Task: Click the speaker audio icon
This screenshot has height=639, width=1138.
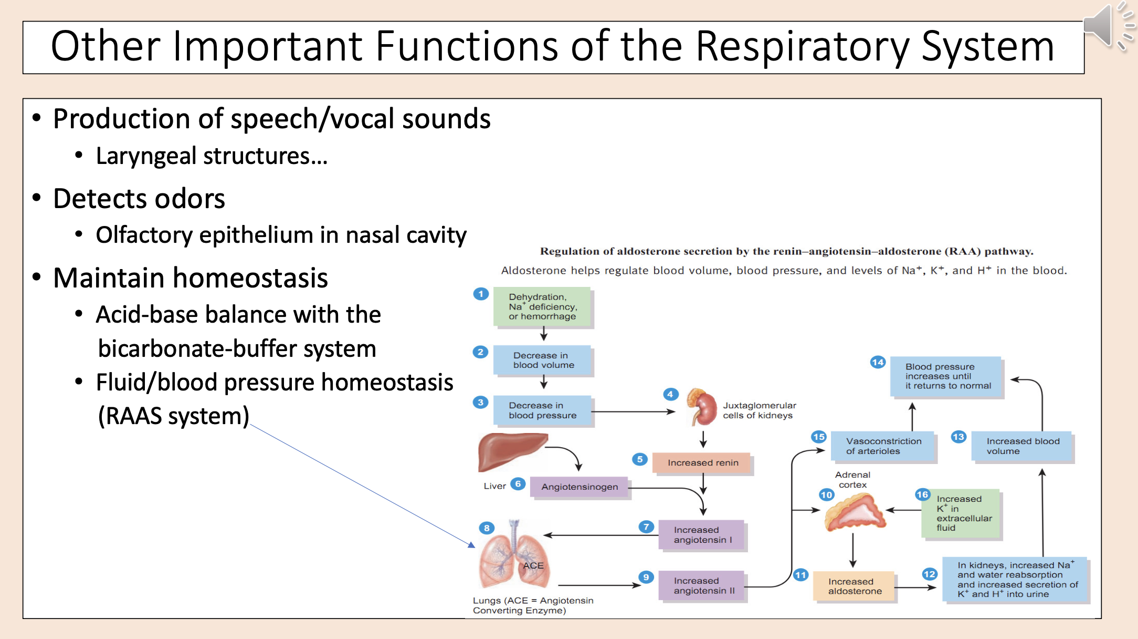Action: click(x=1102, y=25)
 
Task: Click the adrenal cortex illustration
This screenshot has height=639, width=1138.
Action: click(x=854, y=512)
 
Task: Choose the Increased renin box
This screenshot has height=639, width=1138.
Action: click(x=702, y=463)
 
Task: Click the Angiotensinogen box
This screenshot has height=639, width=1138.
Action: click(x=579, y=487)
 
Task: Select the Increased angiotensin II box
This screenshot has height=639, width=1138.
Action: click(x=702, y=586)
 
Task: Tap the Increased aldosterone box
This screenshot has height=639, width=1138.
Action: click(x=854, y=586)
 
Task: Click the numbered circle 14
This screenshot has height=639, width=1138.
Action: click(x=878, y=362)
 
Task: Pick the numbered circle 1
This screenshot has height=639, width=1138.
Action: click(x=481, y=294)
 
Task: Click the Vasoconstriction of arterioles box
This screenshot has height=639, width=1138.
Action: click(x=883, y=446)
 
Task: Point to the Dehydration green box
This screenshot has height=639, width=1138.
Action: click(x=542, y=307)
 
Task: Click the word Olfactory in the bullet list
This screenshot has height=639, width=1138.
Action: click(x=144, y=235)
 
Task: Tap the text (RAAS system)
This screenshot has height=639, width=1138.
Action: click(x=173, y=416)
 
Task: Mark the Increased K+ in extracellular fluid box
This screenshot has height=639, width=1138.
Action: click(x=962, y=513)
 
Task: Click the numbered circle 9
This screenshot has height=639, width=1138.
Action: click(x=646, y=577)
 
